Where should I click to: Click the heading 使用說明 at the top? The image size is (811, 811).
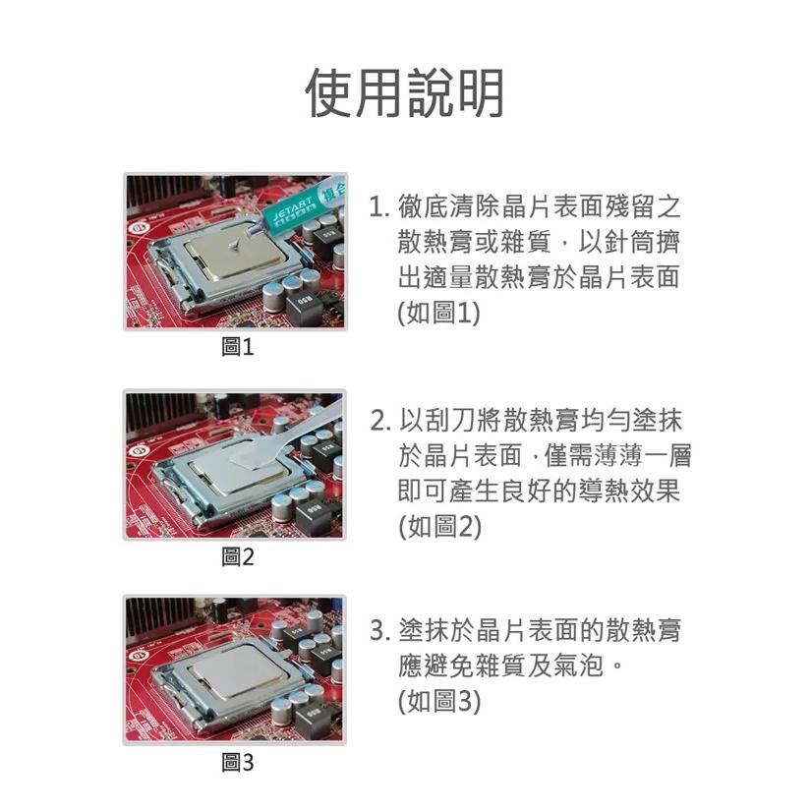click(405, 93)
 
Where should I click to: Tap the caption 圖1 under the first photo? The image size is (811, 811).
click(238, 347)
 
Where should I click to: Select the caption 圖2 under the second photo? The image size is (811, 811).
click(238, 557)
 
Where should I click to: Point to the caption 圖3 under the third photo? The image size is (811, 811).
click(238, 763)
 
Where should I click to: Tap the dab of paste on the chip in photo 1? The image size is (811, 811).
click(235, 246)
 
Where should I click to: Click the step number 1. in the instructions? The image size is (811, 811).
click(379, 206)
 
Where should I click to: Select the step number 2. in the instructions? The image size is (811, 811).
click(380, 421)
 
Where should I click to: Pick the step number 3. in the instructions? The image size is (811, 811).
click(380, 631)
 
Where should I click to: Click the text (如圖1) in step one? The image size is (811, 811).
click(438, 314)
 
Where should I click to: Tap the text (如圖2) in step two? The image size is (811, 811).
click(439, 527)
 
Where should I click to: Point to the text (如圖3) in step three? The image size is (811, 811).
click(439, 701)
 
